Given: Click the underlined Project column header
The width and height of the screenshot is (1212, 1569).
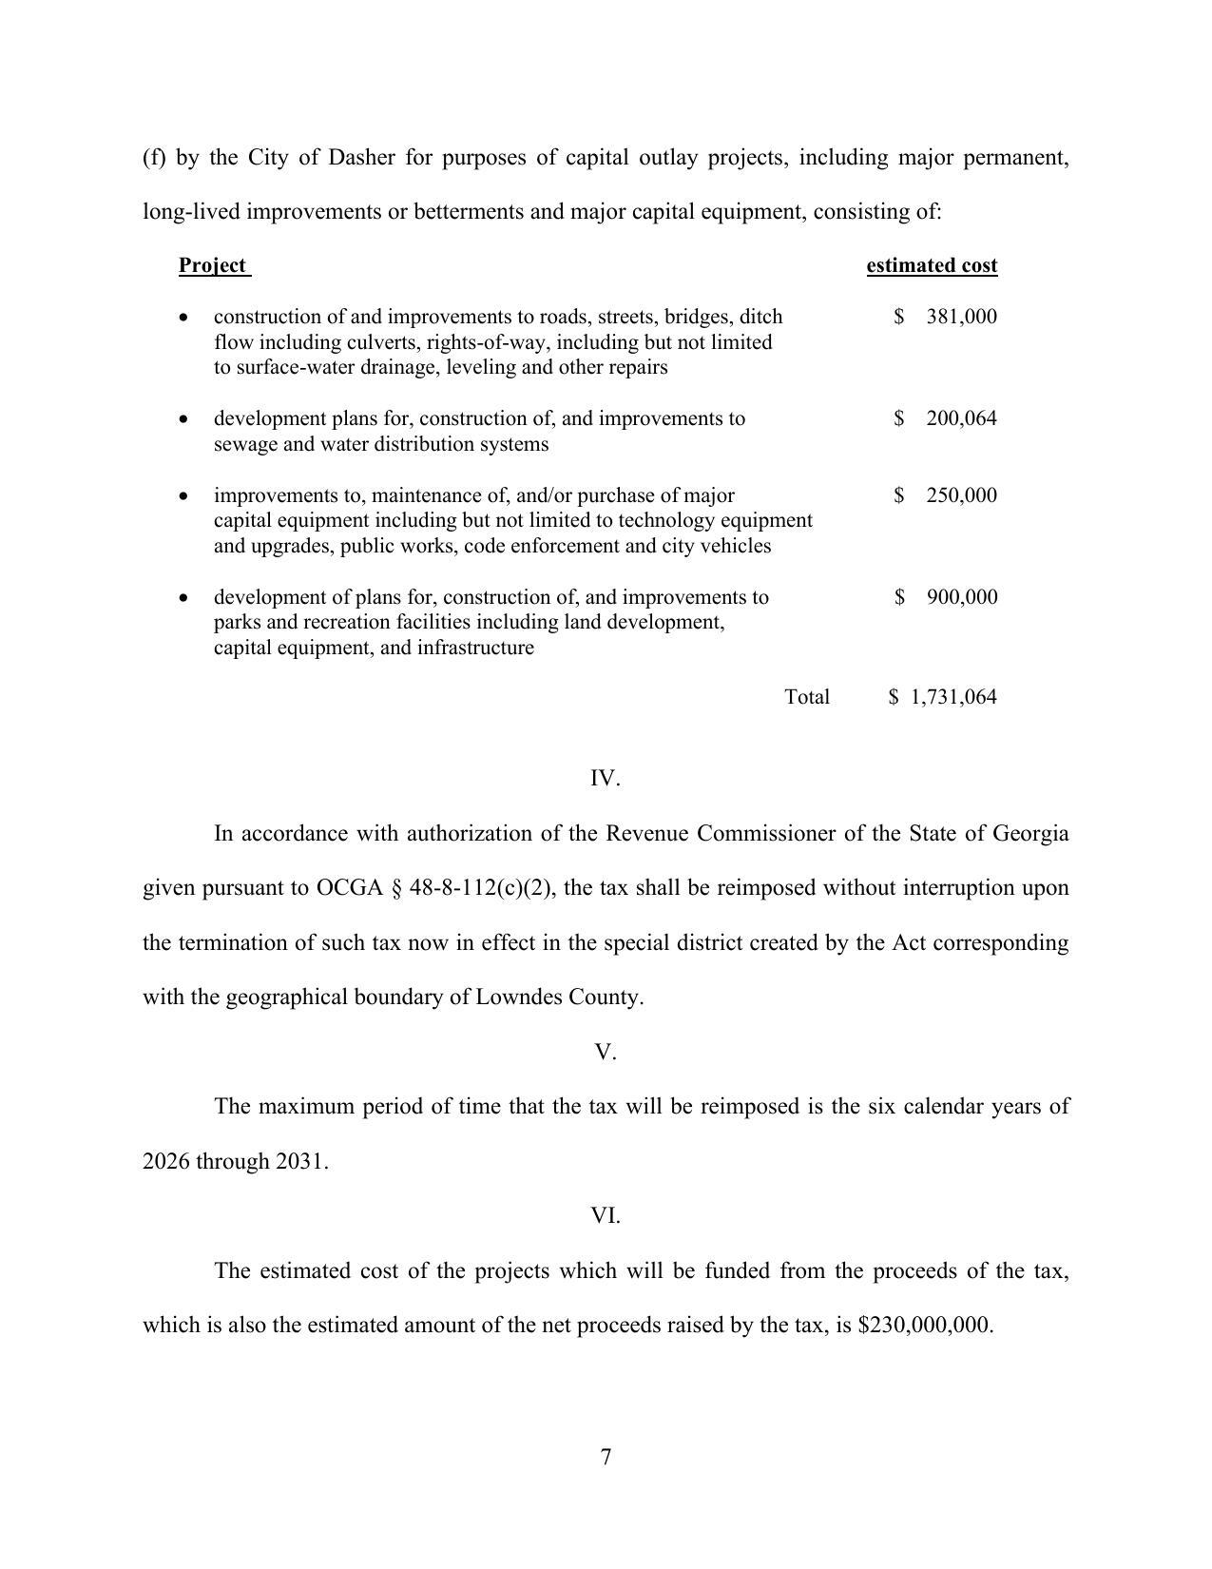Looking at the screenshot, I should click(213, 265).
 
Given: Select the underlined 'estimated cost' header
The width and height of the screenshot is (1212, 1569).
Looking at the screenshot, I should click(932, 265).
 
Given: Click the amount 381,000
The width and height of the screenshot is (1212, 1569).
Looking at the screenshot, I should click(961, 317).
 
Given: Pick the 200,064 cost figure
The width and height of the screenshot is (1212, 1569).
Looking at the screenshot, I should click(961, 418).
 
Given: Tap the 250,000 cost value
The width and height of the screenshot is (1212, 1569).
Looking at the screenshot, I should click(961, 495).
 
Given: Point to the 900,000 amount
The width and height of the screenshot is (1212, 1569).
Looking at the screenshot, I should click(961, 597).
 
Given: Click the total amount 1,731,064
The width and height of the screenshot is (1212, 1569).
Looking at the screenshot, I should click(953, 697).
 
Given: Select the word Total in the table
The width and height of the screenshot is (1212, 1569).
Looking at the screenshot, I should click(807, 697).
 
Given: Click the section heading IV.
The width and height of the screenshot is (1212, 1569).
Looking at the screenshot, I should click(606, 779).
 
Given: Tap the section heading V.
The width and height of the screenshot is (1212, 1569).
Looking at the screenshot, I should click(606, 1052).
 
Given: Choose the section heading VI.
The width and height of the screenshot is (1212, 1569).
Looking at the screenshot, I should click(606, 1215).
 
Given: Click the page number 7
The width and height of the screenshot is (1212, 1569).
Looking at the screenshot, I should click(606, 1457).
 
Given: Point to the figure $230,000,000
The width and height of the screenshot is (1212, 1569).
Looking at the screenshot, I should click(925, 1326).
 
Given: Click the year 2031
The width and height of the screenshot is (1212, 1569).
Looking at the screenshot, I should click(301, 1161).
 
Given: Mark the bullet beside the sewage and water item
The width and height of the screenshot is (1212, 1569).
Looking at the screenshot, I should click(183, 419).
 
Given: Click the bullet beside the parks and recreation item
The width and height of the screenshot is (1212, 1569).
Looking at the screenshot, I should click(183, 598).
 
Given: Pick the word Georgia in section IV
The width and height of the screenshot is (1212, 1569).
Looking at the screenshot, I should click(1030, 834).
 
